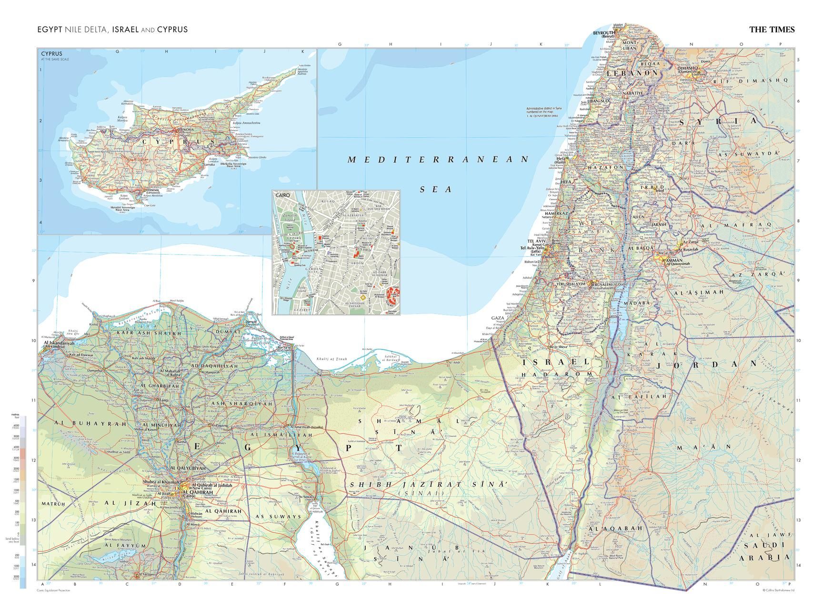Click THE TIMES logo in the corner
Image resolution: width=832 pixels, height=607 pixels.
pyautogui.click(x=772, y=29)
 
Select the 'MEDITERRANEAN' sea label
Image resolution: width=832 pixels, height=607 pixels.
pyautogui.click(x=438, y=160)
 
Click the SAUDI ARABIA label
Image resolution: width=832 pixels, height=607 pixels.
pyautogui.click(x=762, y=551)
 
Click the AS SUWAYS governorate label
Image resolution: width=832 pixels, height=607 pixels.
pyautogui.click(x=279, y=517)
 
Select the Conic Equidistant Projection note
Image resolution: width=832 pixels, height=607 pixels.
pyautogui.click(x=53, y=590)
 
